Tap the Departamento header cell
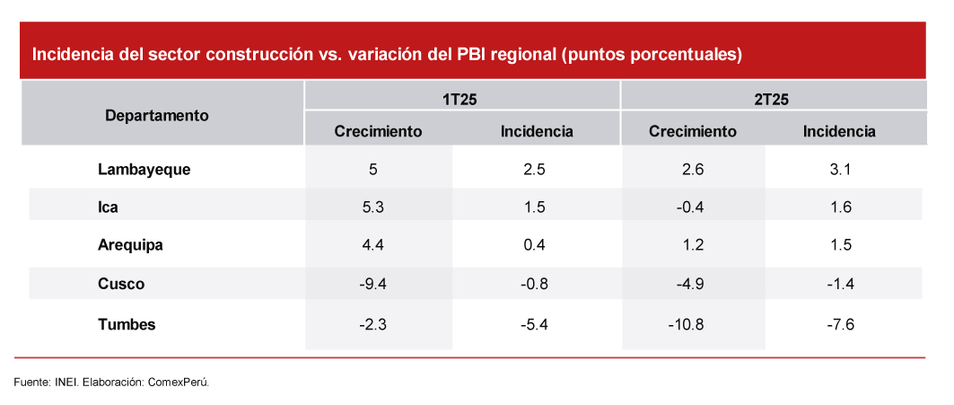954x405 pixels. click(x=157, y=115)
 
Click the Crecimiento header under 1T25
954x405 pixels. click(x=378, y=131)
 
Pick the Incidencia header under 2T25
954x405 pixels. click(x=839, y=131)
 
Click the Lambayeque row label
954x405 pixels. click(x=144, y=168)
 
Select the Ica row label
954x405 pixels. click(x=108, y=207)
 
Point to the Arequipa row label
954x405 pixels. click(x=131, y=244)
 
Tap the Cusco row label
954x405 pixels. click(x=121, y=284)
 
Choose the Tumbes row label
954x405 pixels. click(x=127, y=324)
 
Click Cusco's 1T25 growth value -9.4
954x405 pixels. click(x=373, y=284)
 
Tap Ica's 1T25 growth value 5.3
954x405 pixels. click(x=373, y=207)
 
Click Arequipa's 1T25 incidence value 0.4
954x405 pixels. click(x=536, y=244)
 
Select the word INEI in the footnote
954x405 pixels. click(x=66, y=382)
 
